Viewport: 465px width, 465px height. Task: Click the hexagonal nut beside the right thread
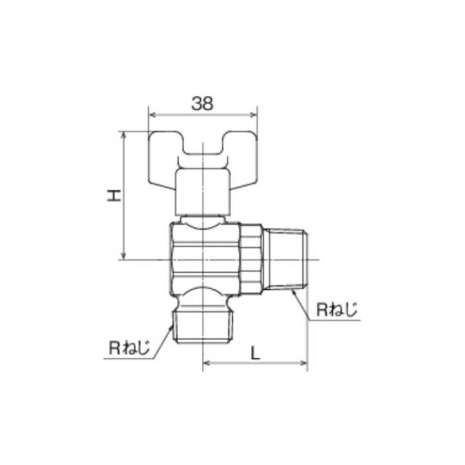[x=250, y=259]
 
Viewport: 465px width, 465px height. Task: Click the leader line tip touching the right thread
[x=292, y=290]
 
